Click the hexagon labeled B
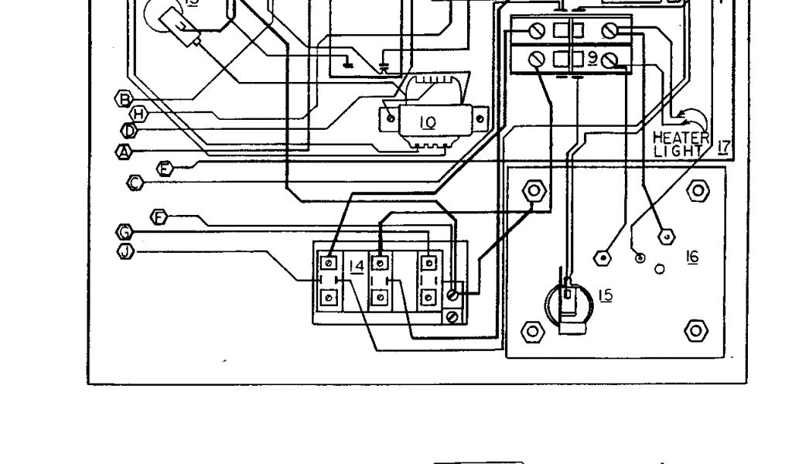point(122,98)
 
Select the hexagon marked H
point(138,114)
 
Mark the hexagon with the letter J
point(125,250)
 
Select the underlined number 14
point(357,266)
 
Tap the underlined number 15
point(605,295)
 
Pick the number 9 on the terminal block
point(592,59)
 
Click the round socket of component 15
point(568,303)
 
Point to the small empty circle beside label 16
point(659,269)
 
